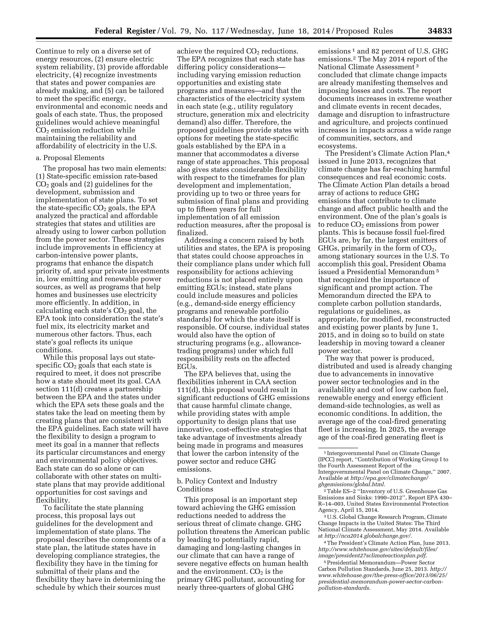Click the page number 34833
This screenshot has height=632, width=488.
440,31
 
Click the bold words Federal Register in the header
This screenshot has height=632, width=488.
125,31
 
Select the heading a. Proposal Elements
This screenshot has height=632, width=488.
70,158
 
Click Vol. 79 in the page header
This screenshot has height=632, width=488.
173,31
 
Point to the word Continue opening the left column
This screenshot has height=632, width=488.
48,51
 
